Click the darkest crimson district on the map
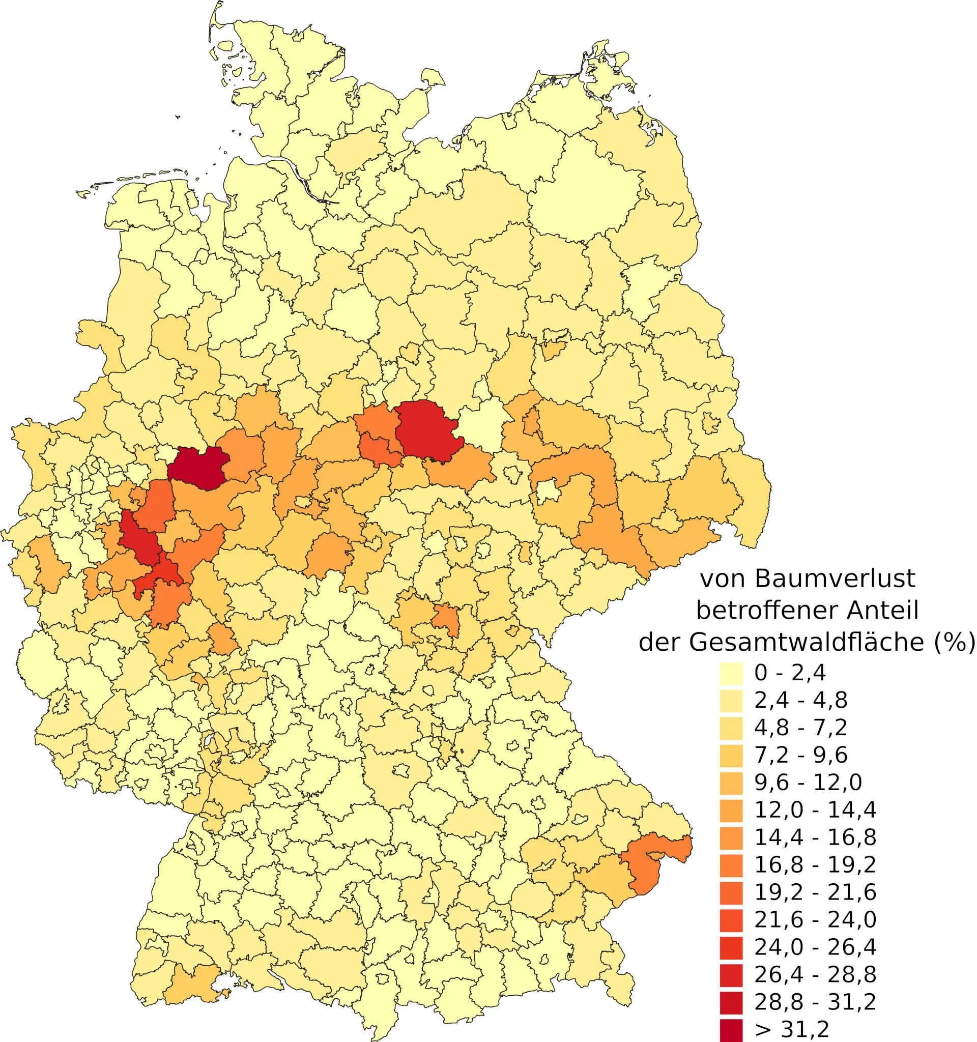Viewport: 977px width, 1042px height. (x=196, y=468)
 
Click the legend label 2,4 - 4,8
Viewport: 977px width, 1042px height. (x=800, y=700)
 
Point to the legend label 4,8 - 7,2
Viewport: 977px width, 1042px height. (x=800, y=727)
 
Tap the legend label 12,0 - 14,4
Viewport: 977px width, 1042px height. (x=815, y=810)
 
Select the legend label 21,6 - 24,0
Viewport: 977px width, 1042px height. (x=815, y=919)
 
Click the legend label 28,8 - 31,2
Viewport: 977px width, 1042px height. (x=815, y=1002)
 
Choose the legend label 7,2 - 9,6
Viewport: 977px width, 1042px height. (x=800, y=755)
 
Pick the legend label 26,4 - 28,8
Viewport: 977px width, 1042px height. (x=815, y=974)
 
